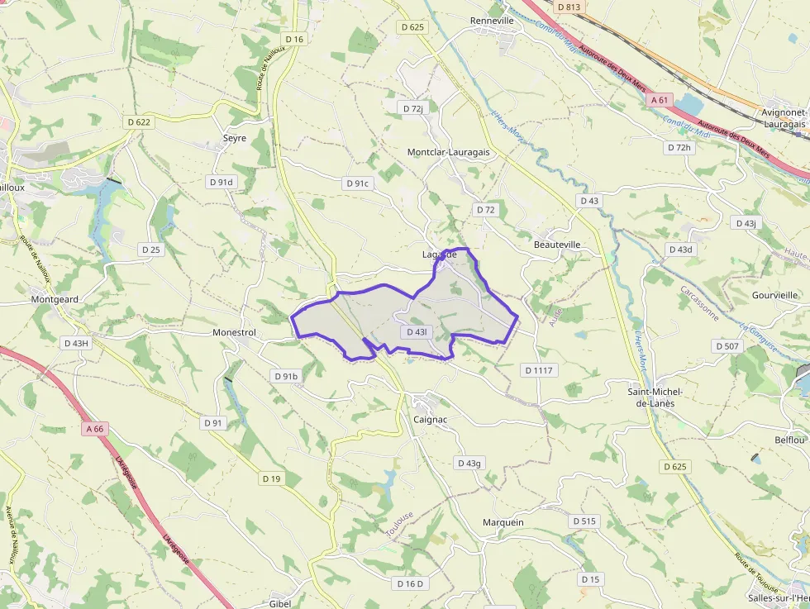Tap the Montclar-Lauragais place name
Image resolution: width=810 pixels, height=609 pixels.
(x=448, y=153)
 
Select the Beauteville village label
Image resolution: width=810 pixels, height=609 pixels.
(x=558, y=245)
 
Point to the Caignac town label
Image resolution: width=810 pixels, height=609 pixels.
(x=430, y=420)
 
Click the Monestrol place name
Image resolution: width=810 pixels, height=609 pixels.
(x=234, y=332)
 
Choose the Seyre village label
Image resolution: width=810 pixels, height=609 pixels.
(x=235, y=138)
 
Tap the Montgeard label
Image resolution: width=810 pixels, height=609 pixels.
(x=54, y=299)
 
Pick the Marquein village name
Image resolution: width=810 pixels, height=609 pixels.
(x=503, y=522)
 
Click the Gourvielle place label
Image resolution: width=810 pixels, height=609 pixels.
(x=775, y=295)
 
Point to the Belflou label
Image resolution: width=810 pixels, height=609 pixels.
(x=789, y=440)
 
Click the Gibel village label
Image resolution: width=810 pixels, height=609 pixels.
(x=280, y=603)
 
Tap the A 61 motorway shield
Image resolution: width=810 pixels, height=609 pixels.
(x=659, y=99)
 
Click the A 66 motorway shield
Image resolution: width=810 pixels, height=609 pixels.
(x=94, y=429)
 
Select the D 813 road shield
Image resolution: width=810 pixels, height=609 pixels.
(x=569, y=7)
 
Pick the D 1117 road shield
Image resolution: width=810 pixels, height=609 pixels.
(x=538, y=370)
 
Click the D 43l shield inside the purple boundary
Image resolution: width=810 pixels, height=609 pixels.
(x=416, y=332)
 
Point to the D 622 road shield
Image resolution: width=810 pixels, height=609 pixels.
(x=139, y=121)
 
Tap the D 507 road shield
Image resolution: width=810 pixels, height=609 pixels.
(x=727, y=346)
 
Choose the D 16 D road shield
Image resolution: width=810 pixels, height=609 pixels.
(x=410, y=583)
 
